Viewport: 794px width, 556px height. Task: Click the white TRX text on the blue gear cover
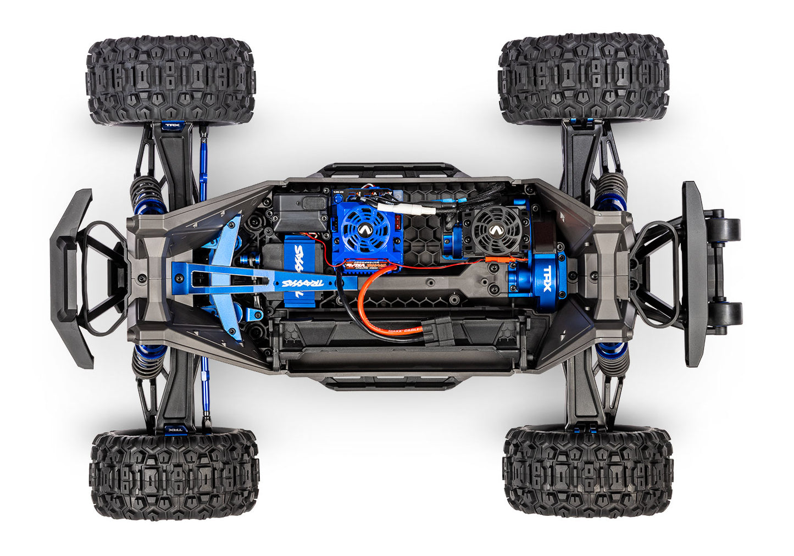tap(547, 273)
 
